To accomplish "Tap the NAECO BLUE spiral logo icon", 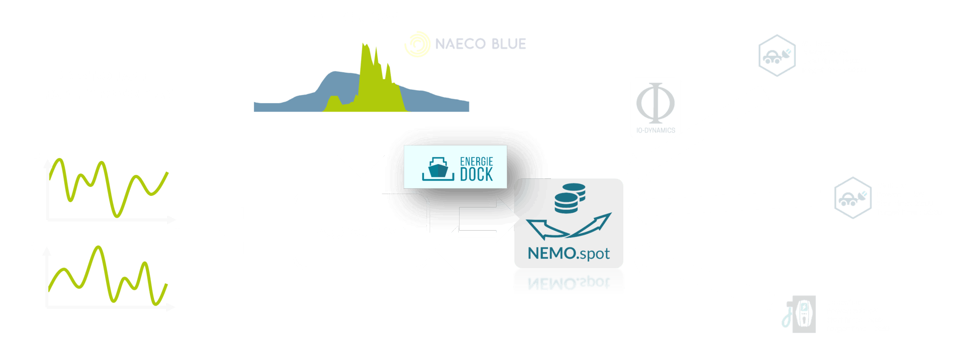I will pyautogui.click(x=417, y=44).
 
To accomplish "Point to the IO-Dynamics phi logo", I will pyautogui.click(x=655, y=108).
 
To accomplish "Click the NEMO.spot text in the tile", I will pyautogui.click(x=568, y=253).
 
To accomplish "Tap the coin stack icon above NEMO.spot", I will pyautogui.click(x=569, y=198).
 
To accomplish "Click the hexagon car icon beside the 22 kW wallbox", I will pyautogui.click(x=777, y=56).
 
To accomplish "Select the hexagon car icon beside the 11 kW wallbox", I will pyautogui.click(x=852, y=198).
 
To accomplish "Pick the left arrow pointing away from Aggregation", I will pyautogui.click(x=250, y=230).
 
